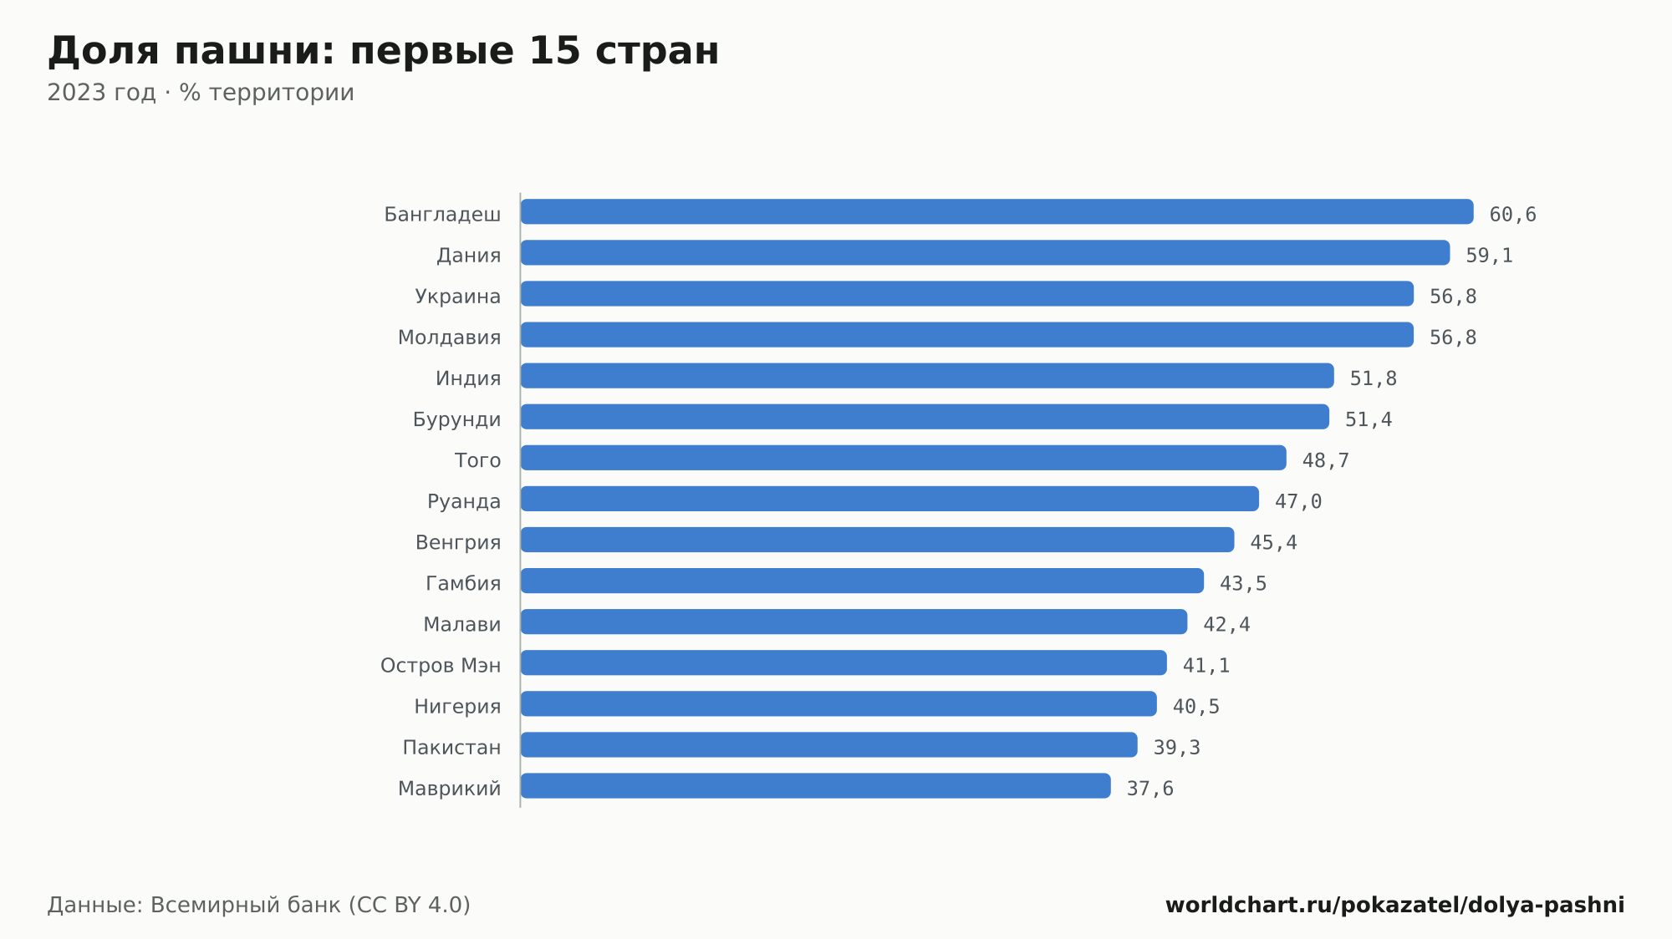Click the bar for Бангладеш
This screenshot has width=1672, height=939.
997,211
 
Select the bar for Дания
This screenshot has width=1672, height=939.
985,252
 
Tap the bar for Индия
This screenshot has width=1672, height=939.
927,375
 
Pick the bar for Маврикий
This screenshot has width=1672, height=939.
816,785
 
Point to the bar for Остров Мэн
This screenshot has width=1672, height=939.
844,662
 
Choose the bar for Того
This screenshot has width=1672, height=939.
904,457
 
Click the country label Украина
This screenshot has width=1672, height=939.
458,297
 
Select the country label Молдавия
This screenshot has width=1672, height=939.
450,338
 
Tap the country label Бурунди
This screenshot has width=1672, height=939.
457,419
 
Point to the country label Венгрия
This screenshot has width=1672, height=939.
458,542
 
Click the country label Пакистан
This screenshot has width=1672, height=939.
452,748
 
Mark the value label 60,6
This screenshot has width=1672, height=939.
1513,215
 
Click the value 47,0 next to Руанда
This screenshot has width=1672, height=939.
1298,501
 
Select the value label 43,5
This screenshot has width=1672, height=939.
1243,583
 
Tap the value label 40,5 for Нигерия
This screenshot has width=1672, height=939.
1196,707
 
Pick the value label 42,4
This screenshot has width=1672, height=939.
1226,624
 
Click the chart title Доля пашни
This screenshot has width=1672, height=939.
191,51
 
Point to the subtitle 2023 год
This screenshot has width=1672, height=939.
101,93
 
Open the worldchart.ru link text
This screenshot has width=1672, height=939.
1395,905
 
